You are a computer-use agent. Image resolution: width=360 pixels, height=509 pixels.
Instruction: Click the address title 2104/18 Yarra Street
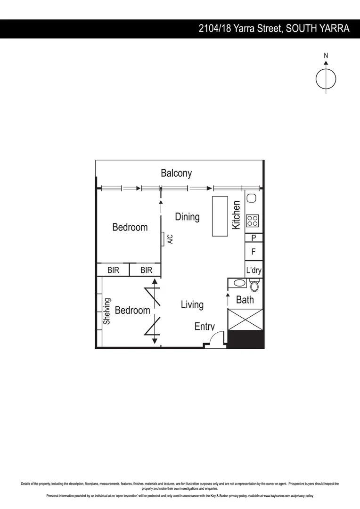(274, 29)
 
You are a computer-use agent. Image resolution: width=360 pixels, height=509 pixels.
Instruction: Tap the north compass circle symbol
(326, 79)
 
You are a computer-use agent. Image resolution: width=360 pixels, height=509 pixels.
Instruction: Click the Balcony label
(176, 173)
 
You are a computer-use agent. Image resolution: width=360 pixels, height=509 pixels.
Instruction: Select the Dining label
(187, 217)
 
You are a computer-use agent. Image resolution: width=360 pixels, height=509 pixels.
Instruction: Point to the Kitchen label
(237, 215)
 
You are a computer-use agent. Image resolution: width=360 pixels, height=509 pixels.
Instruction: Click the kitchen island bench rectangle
(220, 216)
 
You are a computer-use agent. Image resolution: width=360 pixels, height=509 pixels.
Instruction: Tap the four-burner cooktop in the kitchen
(253, 221)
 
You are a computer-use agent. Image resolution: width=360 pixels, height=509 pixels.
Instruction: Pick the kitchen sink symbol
(251, 199)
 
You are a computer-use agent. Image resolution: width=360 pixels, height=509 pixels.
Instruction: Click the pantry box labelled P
(254, 238)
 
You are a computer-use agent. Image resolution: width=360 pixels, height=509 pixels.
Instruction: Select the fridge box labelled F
(254, 252)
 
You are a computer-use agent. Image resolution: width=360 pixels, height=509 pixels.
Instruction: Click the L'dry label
(254, 271)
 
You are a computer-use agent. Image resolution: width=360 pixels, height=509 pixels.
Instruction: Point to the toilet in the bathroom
(254, 285)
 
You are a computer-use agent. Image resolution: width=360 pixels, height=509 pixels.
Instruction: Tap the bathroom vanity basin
(239, 284)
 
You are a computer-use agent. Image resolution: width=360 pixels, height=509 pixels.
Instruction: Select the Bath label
(245, 299)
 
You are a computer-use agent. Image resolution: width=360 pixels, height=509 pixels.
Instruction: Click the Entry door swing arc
(215, 339)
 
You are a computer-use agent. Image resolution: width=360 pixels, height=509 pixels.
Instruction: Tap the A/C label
(170, 239)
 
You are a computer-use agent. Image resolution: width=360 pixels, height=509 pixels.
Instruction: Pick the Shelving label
(107, 311)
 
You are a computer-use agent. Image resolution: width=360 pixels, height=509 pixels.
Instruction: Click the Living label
(192, 304)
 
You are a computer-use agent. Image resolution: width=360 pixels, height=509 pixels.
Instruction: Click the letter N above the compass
(326, 56)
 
